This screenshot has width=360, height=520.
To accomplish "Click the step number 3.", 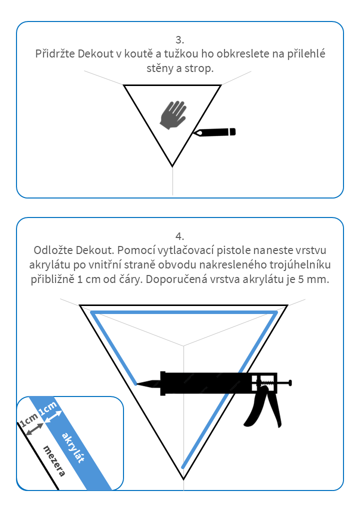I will click(x=180, y=39).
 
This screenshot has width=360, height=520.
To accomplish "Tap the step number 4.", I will click(x=180, y=235).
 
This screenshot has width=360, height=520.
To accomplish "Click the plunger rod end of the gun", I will click(x=289, y=383).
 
